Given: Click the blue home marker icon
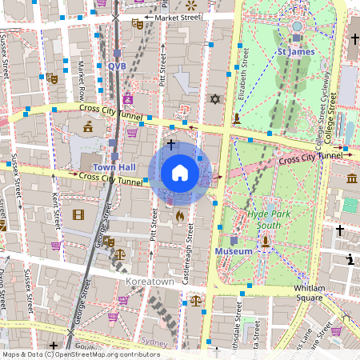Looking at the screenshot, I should coord(180,172).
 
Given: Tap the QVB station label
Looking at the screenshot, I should coord(117,66).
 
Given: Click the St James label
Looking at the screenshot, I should coord(295,51).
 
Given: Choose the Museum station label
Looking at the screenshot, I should coord(234,251).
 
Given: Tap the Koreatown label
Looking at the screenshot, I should coord(149,282).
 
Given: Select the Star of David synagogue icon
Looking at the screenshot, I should coord(214,99).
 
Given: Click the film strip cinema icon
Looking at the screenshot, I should coord(78,214).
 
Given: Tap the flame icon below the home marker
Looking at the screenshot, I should coord(180,215).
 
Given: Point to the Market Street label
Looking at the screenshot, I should coord(178,17).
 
